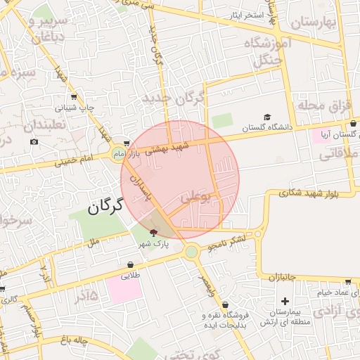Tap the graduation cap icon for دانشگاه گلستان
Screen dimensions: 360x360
click(267, 117)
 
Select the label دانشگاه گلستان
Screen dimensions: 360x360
click(267, 128)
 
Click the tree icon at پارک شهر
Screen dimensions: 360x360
click(154, 233)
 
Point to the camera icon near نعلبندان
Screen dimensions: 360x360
click(34, 142)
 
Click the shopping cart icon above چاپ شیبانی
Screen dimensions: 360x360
click(74, 97)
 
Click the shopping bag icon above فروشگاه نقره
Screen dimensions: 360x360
click(225, 304)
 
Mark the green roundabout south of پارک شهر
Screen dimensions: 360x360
click(191, 251)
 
